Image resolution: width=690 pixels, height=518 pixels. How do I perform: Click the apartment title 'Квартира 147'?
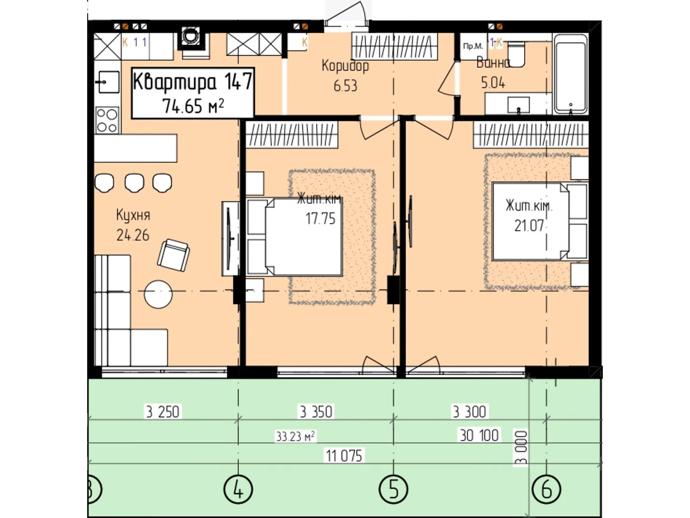pos(192,82)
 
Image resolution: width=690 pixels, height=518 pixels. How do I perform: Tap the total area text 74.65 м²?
pos(193,106)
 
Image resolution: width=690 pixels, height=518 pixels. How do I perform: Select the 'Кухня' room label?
pos(133,215)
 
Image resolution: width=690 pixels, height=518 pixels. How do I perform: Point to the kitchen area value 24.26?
pos(133,235)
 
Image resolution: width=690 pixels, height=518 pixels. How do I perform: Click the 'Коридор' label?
pos(345,66)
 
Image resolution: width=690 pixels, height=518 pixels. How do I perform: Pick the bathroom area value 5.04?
pos(493,82)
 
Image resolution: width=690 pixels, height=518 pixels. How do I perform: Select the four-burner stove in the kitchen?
pos(107,120)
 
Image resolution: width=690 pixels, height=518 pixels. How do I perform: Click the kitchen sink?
pos(107,82)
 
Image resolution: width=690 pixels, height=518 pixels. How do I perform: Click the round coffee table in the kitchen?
pos(158,294)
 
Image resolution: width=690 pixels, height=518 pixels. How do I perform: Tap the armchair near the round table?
pos(173,255)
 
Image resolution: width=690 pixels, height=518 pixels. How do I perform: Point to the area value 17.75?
pos(320,219)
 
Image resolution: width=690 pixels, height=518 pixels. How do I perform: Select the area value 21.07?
pos(529,226)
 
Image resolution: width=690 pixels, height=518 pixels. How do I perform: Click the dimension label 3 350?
pos(316,412)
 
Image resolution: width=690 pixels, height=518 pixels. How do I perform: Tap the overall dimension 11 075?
pos(344,455)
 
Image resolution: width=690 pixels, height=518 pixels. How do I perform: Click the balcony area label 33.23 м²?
pos(295,436)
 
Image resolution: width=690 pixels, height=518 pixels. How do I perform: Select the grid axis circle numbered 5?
pos(393,490)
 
